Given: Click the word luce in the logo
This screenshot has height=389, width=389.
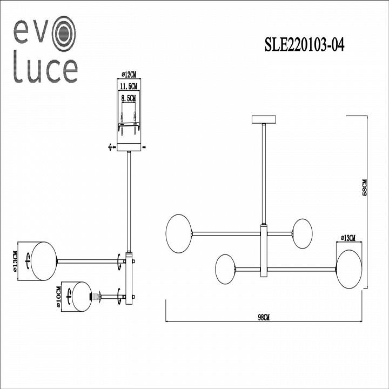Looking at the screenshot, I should (45, 71).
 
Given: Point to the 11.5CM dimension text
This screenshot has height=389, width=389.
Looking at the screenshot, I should (129, 86).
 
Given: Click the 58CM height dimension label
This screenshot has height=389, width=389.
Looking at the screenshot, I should (365, 187).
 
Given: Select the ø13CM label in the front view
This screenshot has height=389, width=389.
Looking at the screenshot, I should (349, 238).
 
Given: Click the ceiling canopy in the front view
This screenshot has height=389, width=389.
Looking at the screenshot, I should (264, 119).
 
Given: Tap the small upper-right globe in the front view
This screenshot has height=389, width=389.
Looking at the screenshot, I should (302, 233).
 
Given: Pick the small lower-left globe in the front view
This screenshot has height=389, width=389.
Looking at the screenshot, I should (225, 269).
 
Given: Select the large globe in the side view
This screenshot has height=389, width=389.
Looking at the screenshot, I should (43, 261).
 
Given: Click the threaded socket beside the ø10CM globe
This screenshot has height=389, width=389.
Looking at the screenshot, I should (96, 297).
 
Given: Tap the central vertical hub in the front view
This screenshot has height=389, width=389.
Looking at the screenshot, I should (264, 251).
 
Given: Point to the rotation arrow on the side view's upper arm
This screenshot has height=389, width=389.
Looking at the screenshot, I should (118, 261).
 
